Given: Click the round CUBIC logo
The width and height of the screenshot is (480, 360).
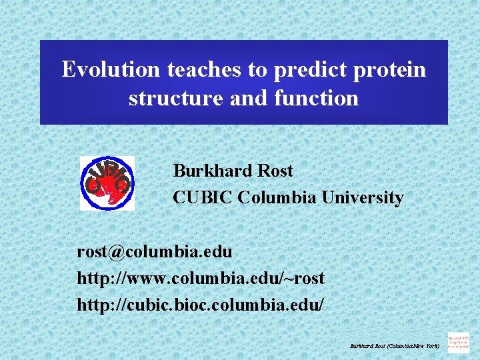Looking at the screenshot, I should click(107, 183).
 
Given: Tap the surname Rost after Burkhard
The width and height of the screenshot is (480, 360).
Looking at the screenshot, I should click(275, 171).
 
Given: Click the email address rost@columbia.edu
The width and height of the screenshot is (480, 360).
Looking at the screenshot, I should click(155, 252).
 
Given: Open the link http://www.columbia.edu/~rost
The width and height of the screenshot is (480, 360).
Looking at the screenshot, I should click(201, 277).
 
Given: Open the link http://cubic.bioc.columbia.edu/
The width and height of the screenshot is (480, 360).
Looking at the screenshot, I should click(201, 304).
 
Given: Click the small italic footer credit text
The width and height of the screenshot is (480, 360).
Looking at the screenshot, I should click(395, 346).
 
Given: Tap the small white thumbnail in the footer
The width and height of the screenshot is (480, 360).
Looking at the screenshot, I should click(458, 342).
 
